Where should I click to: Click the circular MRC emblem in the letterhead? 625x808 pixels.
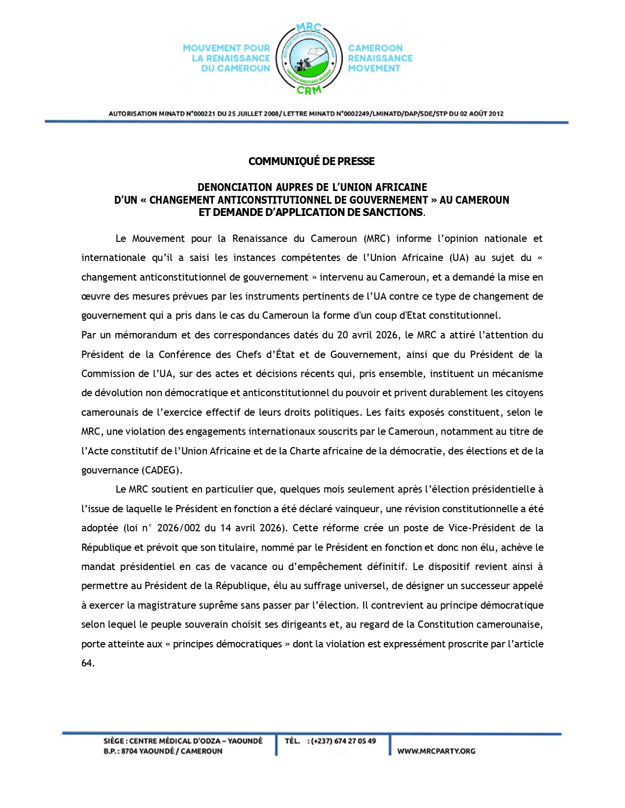[x=309, y=58]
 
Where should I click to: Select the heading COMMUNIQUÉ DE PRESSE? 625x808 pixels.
[x=311, y=161]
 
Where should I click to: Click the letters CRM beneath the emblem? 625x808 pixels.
[x=309, y=90]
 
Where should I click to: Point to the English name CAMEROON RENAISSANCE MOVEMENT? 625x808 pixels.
[x=380, y=58]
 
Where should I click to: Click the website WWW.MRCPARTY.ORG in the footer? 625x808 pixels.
[x=436, y=751]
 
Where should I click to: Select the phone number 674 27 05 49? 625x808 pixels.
[x=355, y=741]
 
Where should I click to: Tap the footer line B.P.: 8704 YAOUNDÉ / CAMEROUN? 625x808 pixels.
[x=163, y=751]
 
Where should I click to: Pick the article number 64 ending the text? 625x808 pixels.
[x=87, y=663]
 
